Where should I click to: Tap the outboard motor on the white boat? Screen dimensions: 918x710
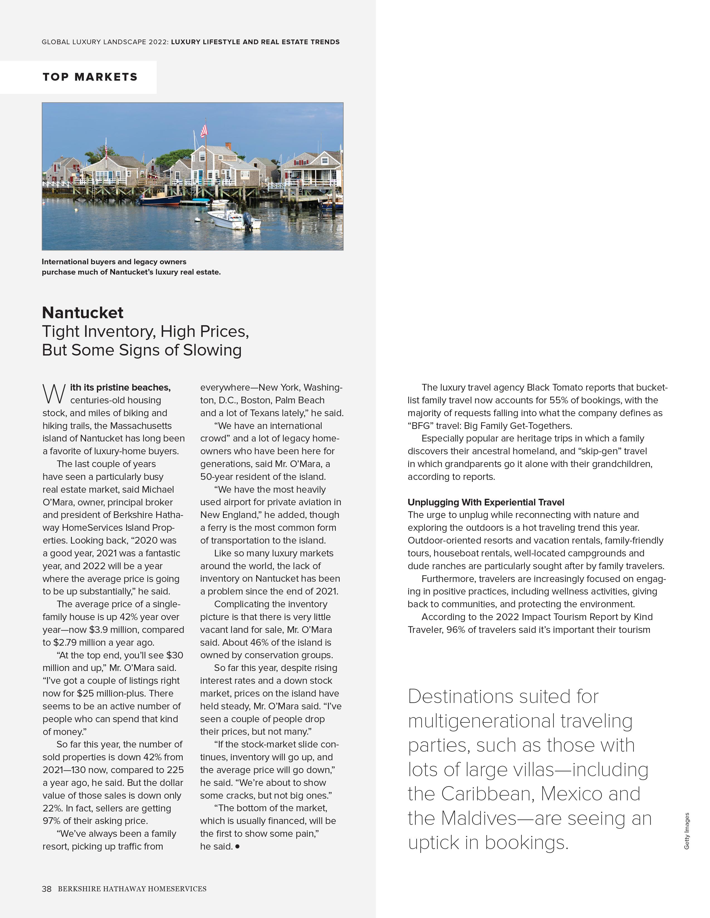tap(247, 220)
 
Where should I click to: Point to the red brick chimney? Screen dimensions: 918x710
tap(228, 146)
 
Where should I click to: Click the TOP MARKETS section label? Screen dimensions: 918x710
tap(90, 77)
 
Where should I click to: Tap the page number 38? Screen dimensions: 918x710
tap(46, 889)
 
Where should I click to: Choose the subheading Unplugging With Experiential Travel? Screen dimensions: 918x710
tap(486, 502)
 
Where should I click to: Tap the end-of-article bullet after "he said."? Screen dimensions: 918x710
tap(238, 846)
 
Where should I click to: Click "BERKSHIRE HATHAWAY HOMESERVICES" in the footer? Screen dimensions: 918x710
tap(132, 889)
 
